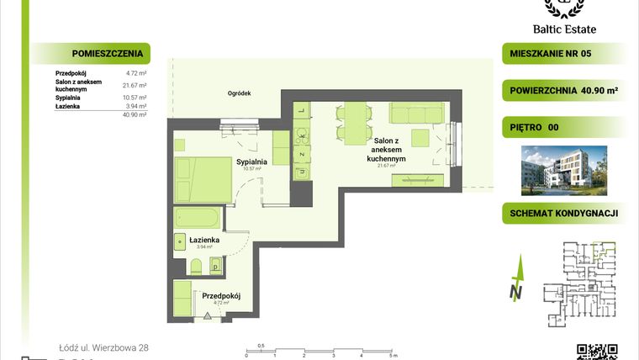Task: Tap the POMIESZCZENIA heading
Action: click(92, 54)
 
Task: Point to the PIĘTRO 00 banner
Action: click(535, 128)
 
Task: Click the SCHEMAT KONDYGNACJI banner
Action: click(564, 214)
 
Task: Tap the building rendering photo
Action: click(562, 168)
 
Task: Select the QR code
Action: click(597, 352)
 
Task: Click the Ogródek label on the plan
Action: click(240, 94)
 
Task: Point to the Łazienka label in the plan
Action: click(204, 241)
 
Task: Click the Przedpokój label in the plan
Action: click(221, 295)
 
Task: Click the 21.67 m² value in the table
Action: click(135, 85)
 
